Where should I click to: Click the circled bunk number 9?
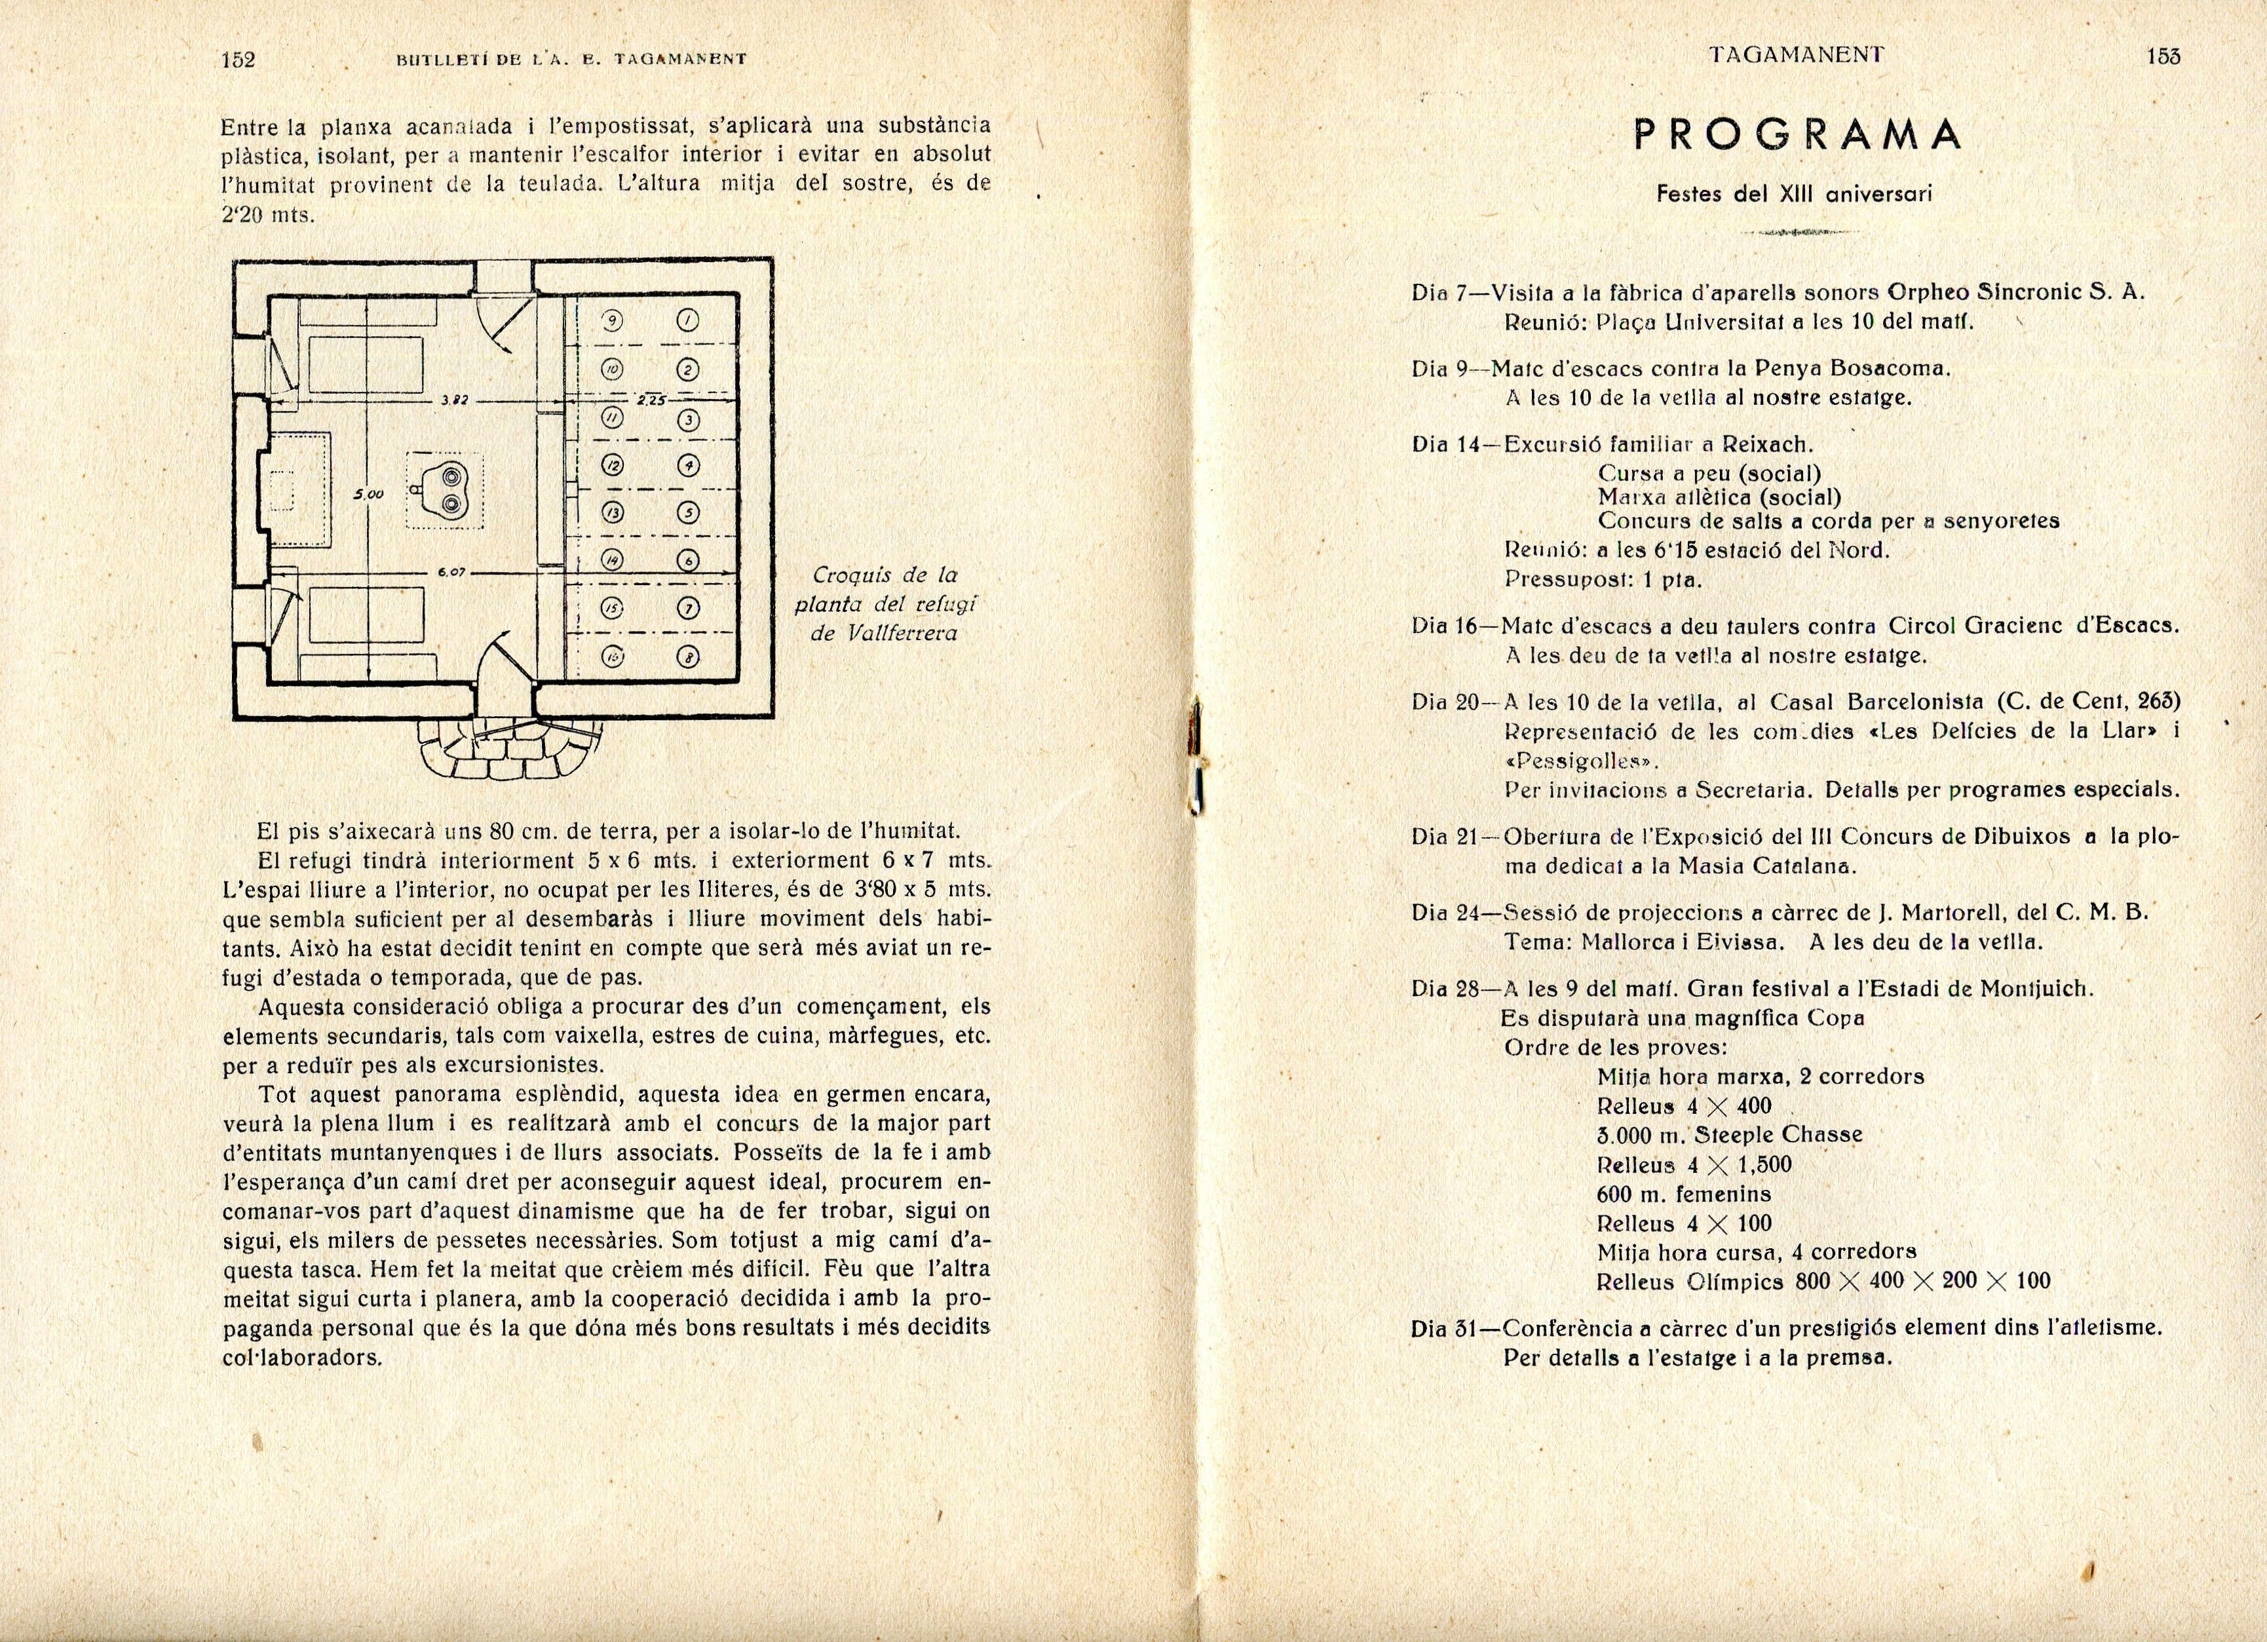[613, 321]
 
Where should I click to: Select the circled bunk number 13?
[612, 512]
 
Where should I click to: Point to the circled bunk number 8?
[689, 657]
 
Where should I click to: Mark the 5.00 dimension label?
[369, 493]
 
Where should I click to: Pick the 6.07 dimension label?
[448, 573]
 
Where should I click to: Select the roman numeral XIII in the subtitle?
[1795, 195]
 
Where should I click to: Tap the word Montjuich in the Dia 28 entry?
[2039, 989]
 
